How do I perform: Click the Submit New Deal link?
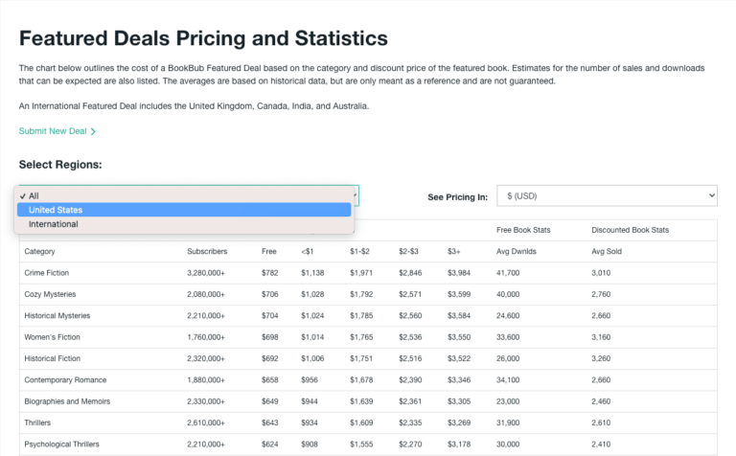pos(57,131)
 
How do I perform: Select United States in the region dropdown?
pos(56,210)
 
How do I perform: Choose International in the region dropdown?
pos(54,224)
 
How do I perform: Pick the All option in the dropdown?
pos(34,195)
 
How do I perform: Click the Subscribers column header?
pos(206,252)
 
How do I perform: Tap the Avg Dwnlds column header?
pos(516,252)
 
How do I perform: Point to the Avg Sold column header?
pos(609,252)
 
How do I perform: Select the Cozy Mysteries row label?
pos(52,294)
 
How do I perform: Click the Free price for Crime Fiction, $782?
pos(269,273)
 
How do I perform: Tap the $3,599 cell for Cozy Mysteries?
pos(459,294)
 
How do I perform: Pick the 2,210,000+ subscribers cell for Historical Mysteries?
pos(206,315)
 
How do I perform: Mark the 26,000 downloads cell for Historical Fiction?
pos(509,358)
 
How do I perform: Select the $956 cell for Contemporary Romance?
pos(310,379)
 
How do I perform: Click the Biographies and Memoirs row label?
pos(66,400)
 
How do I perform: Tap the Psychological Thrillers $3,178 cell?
pos(459,444)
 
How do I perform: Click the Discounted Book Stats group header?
pos(630,230)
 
